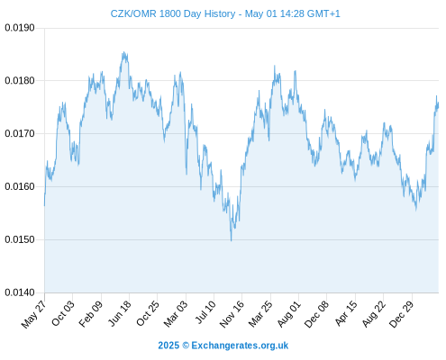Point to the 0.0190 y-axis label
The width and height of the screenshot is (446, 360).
(20, 28)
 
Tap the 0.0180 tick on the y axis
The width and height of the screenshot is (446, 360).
(20, 81)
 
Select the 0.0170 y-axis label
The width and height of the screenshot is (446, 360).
(20, 133)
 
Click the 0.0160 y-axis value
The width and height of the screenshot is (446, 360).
(20, 186)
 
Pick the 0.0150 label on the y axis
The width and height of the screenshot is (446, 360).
(20, 239)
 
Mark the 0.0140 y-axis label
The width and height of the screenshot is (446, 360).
(20, 292)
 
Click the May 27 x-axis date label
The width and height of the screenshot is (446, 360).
(33, 314)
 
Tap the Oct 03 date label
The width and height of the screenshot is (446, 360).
(63, 313)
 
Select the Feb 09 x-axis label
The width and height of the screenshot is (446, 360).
(91, 314)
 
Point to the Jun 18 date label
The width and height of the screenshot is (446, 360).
(120, 313)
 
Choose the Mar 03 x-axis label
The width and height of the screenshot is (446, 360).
(176, 314)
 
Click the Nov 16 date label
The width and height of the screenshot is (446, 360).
(232, 314)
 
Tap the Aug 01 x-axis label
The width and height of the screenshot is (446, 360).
(288, 314)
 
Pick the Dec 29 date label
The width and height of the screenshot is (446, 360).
(401, 314)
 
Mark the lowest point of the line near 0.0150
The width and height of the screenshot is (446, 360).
(231, 240)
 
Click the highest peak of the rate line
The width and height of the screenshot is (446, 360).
(123, 52)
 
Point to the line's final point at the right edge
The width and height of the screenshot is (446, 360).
(439, 105)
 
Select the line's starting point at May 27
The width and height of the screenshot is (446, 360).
(45, 206)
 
